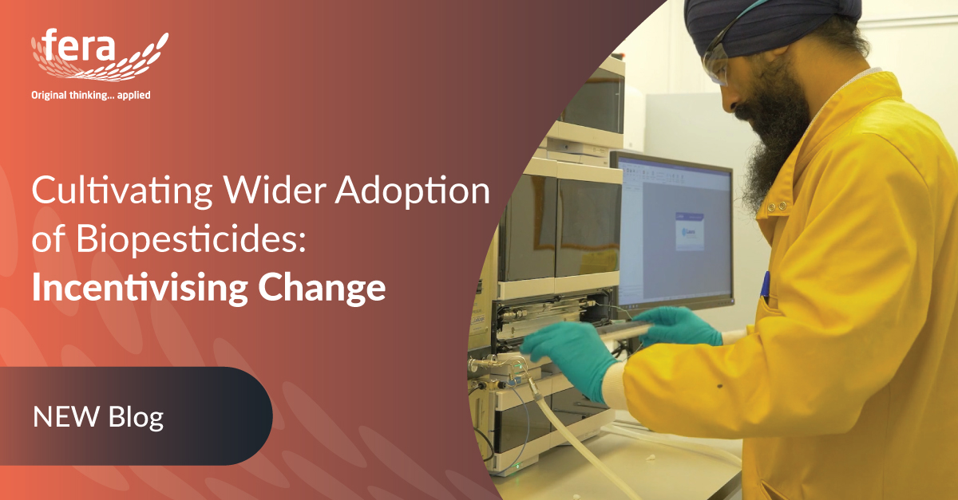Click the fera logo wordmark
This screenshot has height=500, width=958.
81,49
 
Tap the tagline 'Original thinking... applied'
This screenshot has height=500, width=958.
90,95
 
